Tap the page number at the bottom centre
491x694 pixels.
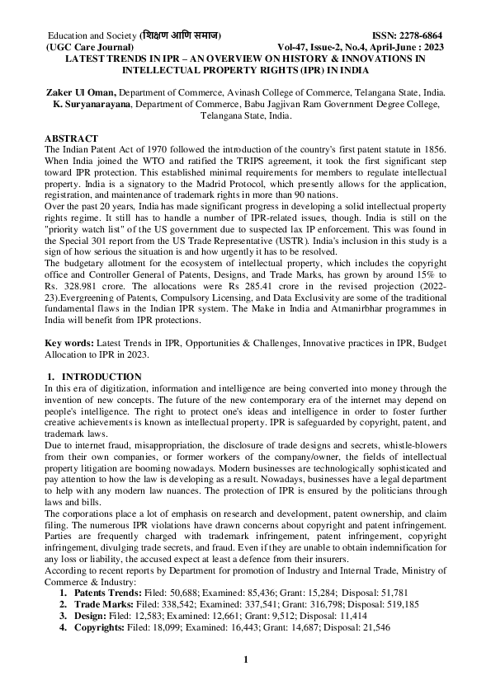pyautogui.click(x=245, y=659)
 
